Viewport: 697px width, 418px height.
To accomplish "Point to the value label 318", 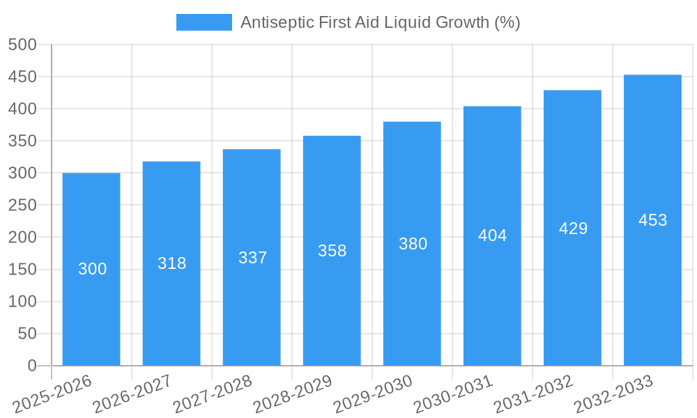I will click(x=172, y=263).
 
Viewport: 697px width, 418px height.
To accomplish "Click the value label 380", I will click(x=413, y=244).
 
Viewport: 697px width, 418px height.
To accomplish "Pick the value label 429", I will click(x=573, y=229).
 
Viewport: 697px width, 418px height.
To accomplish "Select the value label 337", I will click(x=252, y=258).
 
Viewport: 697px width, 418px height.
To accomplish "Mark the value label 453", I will click(x=652, y=220).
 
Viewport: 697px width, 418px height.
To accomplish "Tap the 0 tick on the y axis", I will click(x=31, y=366).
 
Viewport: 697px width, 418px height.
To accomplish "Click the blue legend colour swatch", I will click(x=204, y=22).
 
